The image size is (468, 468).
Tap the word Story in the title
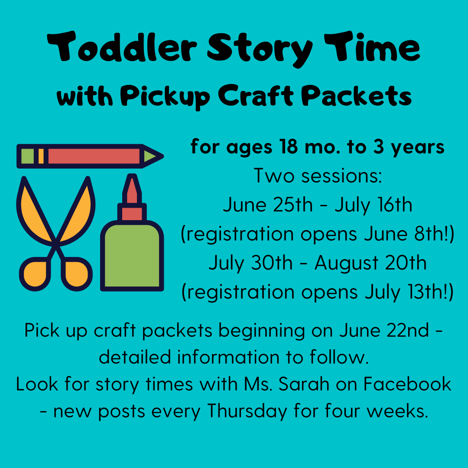[x=260, y=49]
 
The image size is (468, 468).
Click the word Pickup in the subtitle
[x=166, y=97]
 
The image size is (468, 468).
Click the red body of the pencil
[x=94, y=156]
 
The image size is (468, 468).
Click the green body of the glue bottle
[x=132, y=256]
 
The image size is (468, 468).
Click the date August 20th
[x=370, y=263]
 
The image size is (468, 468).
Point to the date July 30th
[x=250, y=263]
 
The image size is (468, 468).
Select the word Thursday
[x=247, y=411]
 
